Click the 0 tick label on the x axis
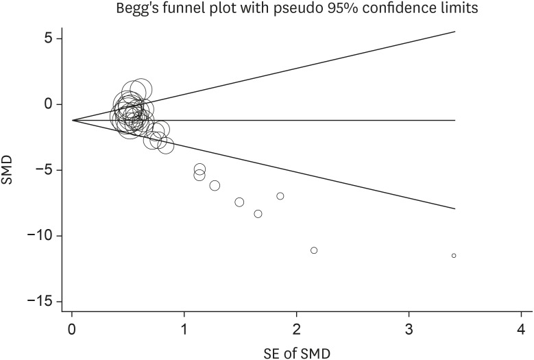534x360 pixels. (x=72, y=328)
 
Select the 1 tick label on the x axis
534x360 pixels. (x=184, y=328)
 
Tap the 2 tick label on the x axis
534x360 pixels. (x=297, y=328)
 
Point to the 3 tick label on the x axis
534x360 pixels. (x=409, y=328)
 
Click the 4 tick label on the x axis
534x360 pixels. (x=522, y=328)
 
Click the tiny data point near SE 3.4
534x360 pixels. (x=454, y=256)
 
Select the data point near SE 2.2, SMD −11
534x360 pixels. (x=314, y=250)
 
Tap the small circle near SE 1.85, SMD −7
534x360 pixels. (x=280, y=196)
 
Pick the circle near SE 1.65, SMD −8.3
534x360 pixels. (x=258, y=214)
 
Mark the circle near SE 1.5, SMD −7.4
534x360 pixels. (x=239, y=202)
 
